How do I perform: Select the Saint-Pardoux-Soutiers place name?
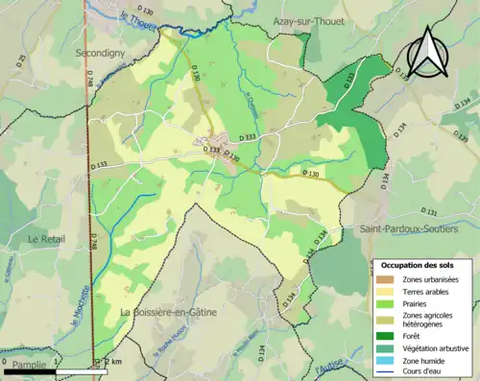tap(407, 230)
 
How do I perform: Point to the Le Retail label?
tap(45, 238)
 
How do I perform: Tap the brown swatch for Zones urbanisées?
tap(389, 278)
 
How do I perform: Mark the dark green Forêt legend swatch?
tap(389, 335)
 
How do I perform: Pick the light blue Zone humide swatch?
tap(389, 360)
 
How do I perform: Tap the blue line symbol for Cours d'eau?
tap(389, 372)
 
